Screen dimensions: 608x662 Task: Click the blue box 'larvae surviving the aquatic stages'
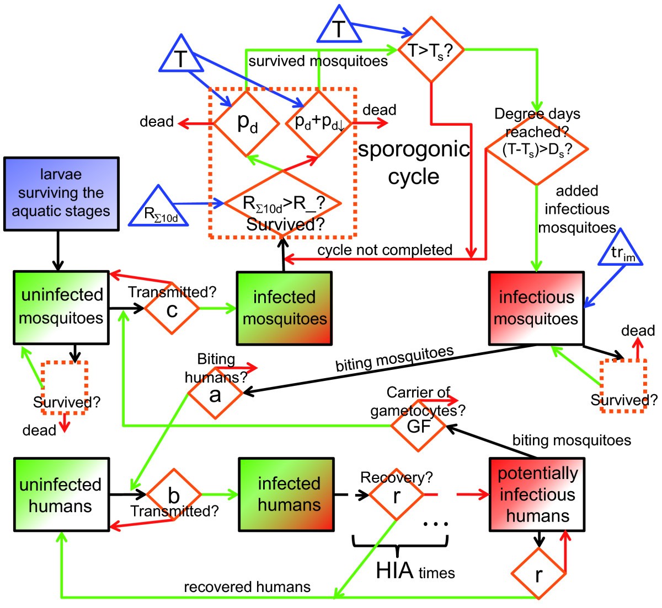61,193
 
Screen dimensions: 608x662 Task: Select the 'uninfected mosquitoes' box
61,307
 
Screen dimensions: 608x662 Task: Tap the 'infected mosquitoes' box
284,308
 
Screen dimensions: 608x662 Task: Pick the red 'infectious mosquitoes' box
536,308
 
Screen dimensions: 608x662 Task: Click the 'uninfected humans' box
61,494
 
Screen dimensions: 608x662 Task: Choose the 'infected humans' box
286,494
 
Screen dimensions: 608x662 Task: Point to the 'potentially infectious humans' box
537,494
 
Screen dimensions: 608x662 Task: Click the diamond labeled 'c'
172,310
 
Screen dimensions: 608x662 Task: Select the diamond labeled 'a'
215,394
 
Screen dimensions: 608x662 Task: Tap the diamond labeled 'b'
174,495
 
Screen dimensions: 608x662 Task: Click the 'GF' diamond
418,426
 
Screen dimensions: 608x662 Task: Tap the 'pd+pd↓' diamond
319,123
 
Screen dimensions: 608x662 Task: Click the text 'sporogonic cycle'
413,163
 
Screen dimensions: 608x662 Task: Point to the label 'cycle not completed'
385,250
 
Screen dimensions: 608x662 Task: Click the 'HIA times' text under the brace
415,571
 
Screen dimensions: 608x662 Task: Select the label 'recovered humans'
247,587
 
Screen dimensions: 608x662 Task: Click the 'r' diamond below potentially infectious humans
538,574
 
